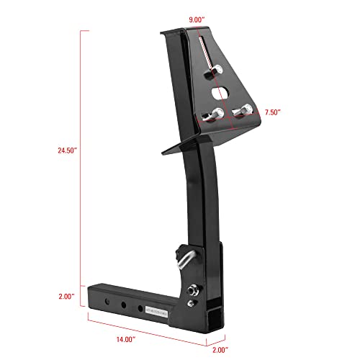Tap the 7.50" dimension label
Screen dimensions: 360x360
point(272,113)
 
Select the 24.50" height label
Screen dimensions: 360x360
point(66,150)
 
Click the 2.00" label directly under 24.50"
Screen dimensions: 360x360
point(68,296)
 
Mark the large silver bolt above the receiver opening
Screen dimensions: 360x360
point(194,289)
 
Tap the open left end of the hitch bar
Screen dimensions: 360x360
point(92,296)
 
